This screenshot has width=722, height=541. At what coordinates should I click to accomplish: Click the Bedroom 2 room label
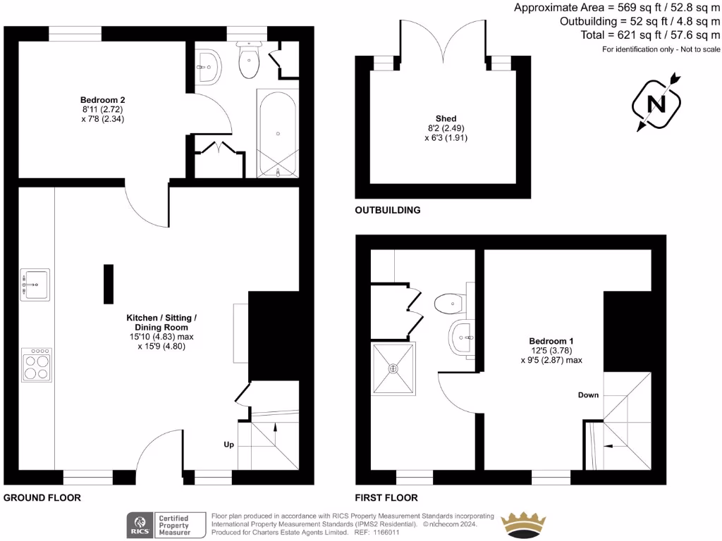102,100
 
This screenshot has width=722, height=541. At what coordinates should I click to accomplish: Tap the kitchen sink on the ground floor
35,285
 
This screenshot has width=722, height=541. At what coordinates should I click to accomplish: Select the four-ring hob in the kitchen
36,365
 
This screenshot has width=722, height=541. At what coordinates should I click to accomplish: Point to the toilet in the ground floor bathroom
250,61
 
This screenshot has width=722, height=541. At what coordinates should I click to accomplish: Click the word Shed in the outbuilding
446,118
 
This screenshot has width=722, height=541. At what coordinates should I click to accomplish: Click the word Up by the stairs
228,445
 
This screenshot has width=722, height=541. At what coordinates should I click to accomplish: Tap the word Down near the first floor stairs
588,395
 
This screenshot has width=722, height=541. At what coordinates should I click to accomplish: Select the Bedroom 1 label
551,341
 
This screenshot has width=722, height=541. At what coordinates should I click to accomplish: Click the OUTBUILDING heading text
388,210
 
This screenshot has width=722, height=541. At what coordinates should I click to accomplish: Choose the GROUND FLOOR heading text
42,497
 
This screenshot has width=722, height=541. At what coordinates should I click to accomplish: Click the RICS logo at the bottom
139,524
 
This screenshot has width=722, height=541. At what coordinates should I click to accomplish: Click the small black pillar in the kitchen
108,284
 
